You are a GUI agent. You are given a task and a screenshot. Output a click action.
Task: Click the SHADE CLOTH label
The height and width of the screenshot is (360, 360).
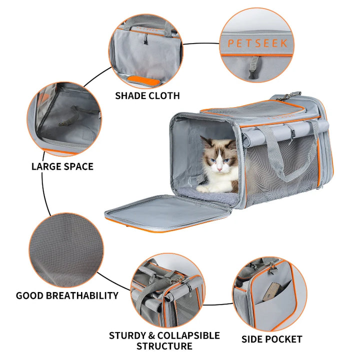pos(147,95)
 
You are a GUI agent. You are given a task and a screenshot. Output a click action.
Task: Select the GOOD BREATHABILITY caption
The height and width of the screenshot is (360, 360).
pos(67,295)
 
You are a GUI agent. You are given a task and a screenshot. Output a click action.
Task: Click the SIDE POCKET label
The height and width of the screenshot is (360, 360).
pos(271,339)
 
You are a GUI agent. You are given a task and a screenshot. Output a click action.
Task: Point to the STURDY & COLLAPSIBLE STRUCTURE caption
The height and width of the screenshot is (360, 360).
pos(164,340)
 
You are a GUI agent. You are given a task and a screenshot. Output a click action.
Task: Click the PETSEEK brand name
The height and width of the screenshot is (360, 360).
pos(257,43)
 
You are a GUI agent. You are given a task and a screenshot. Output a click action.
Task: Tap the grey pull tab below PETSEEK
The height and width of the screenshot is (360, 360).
pos(255,63)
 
